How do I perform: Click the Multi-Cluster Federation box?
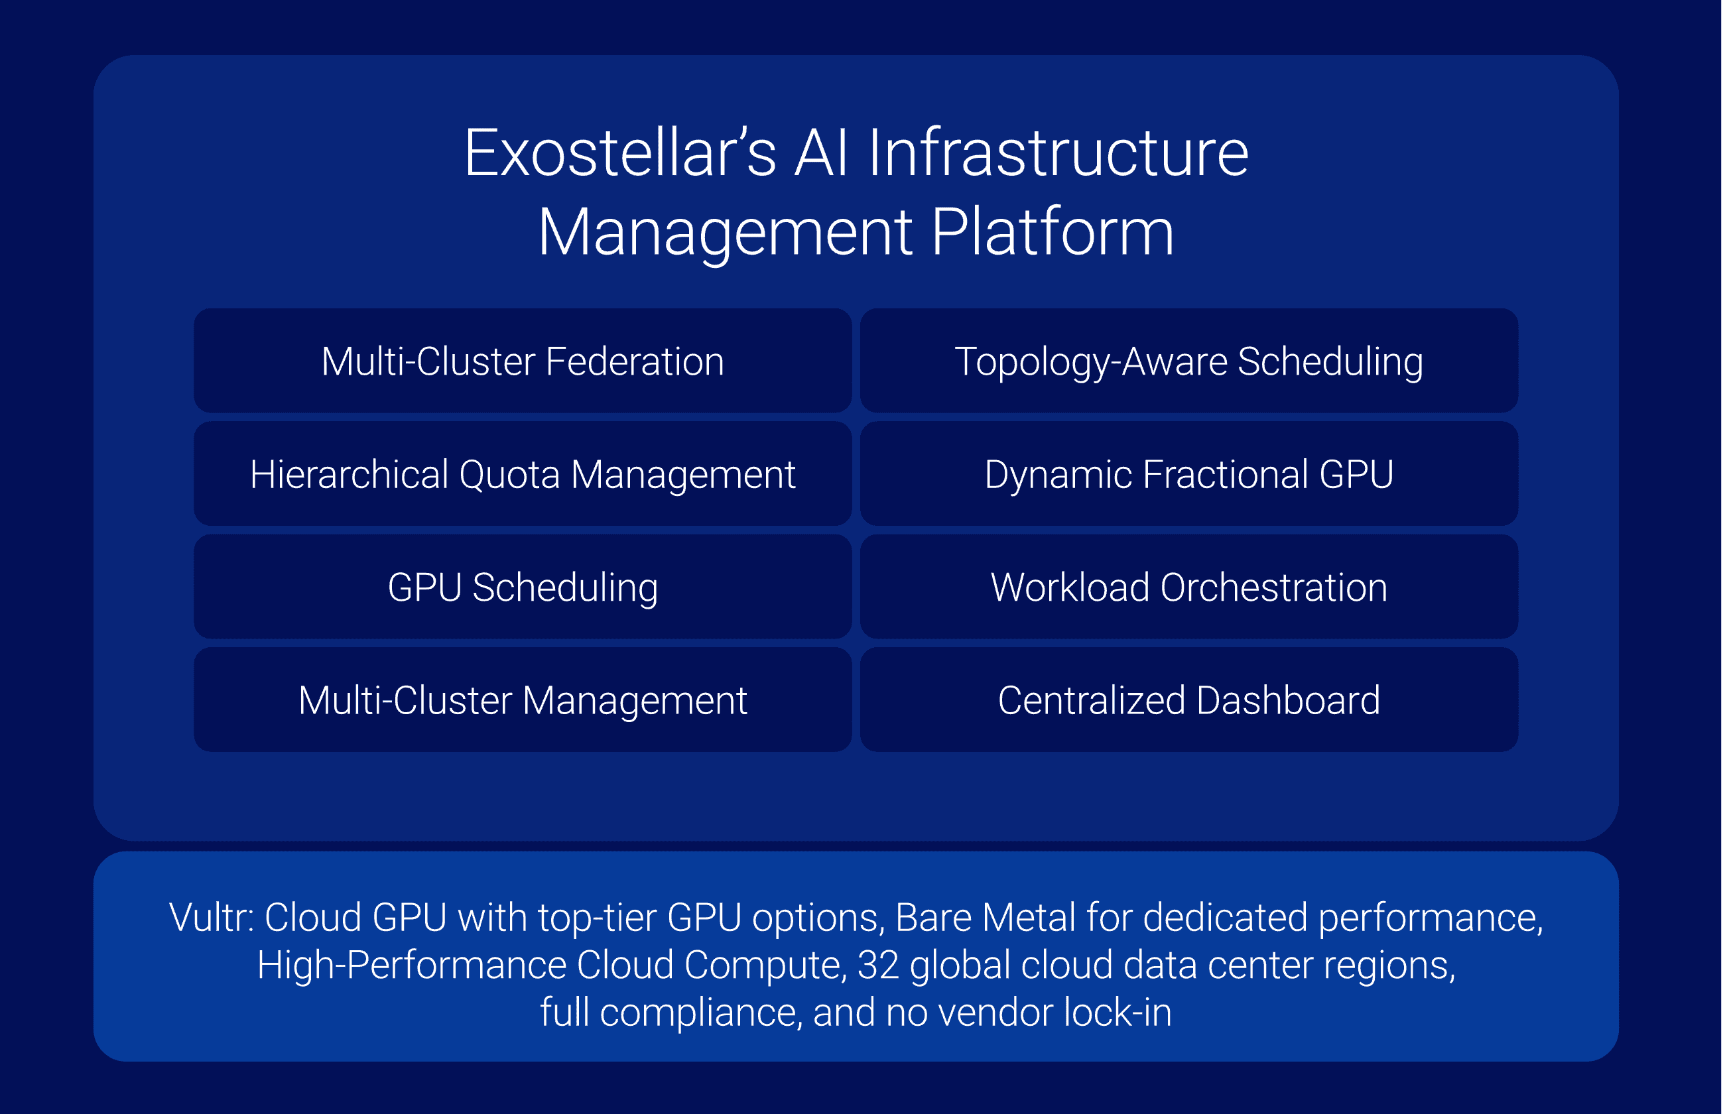[x=522, y=361]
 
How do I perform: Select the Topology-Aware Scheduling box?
[x=1188, y=361]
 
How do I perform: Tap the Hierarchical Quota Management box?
[x=522, y=474]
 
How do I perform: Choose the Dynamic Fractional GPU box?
[x=1188, y=474]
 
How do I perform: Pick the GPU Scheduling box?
[x=522, y=587]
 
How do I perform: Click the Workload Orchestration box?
[x=1188, y=587]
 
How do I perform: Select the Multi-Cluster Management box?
[x=522, y=700]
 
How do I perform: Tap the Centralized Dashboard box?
[x=1188, y=700]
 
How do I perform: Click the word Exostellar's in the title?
[x=620, y=153]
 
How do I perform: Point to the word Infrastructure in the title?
[x=1058, y=153]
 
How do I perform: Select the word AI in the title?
[x=822, y=153]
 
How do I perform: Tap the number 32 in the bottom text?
[x=878, y=965]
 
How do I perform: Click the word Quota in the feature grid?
[x=509, y=475]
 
